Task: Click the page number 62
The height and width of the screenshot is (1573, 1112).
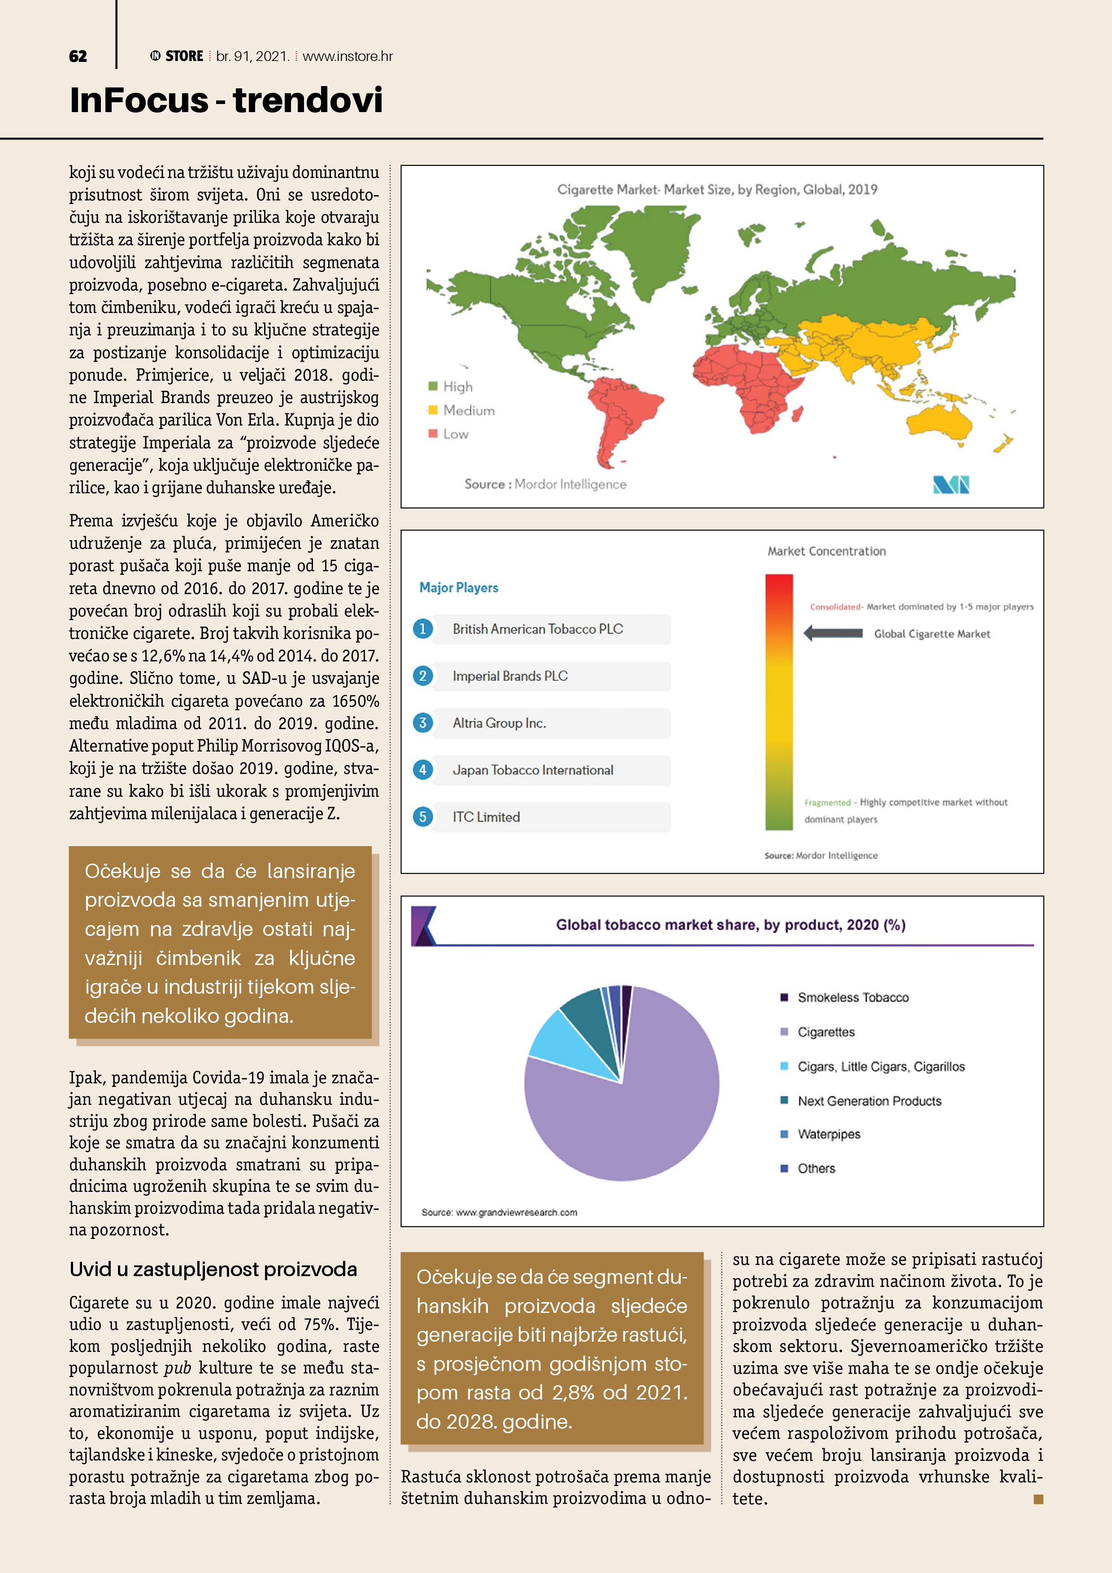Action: (x=78, y=56)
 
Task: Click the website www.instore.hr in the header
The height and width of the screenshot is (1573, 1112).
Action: (x=347, y=56)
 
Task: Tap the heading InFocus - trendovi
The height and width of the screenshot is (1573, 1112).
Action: (x=226, y=100)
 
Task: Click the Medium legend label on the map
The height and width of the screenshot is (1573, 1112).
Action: (x=469, y=410)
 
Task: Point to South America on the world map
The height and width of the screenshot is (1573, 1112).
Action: (x=620, y=411)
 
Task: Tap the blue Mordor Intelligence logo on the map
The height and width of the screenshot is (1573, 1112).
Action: (x=951, y=485)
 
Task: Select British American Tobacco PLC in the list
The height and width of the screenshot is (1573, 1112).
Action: (x=538, y=629)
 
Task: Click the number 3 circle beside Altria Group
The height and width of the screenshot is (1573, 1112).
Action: (x=423, y=723)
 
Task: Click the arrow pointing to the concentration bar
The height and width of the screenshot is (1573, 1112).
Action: (x=833, y=633)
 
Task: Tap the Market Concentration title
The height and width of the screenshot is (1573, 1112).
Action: (x=826, y=551)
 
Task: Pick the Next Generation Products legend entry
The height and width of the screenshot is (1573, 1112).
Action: (x=869, y=1101)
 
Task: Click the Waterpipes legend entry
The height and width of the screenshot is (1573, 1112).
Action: (x=828, y=1134)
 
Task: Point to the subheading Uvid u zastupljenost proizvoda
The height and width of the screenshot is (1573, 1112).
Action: (x=213, y=1269)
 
